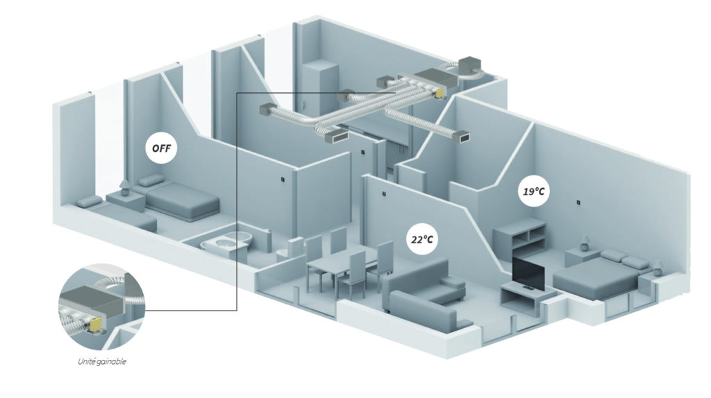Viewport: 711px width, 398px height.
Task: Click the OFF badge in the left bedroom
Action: [x=161, y=148]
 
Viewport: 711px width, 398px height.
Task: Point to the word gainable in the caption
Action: [x=115, y=361]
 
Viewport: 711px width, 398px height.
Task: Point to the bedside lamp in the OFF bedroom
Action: [x=125, y=185]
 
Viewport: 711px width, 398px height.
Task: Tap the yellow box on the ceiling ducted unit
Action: [x=440, y=91]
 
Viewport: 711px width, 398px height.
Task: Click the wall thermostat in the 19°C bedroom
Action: [x=578, y=203]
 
